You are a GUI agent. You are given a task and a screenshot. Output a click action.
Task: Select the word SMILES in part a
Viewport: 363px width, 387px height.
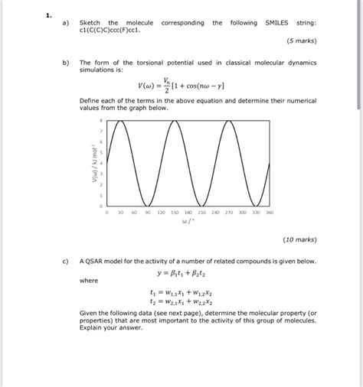pos(277,23)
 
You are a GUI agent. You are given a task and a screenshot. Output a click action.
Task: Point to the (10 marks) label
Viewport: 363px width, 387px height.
pos(299,239)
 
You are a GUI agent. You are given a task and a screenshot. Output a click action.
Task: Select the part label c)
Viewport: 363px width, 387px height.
pos(65,261)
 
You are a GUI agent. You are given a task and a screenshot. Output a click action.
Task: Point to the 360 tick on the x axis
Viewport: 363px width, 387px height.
pos(270,213)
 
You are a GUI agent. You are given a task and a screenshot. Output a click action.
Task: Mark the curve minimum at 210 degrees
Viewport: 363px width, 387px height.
pos(202,205)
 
